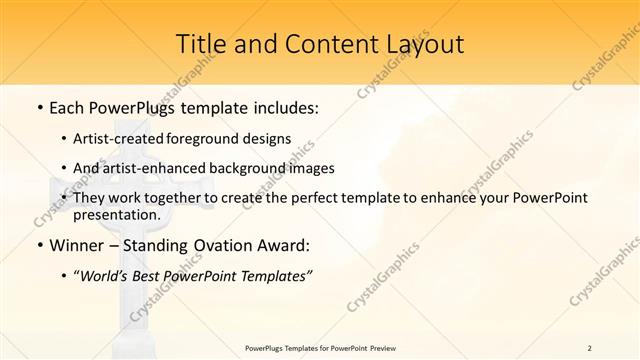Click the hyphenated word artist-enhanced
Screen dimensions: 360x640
(149, 168)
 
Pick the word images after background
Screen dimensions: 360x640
(307, 168)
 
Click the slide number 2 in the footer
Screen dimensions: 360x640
(589, 347)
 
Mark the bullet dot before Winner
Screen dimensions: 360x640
(38, 245)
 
